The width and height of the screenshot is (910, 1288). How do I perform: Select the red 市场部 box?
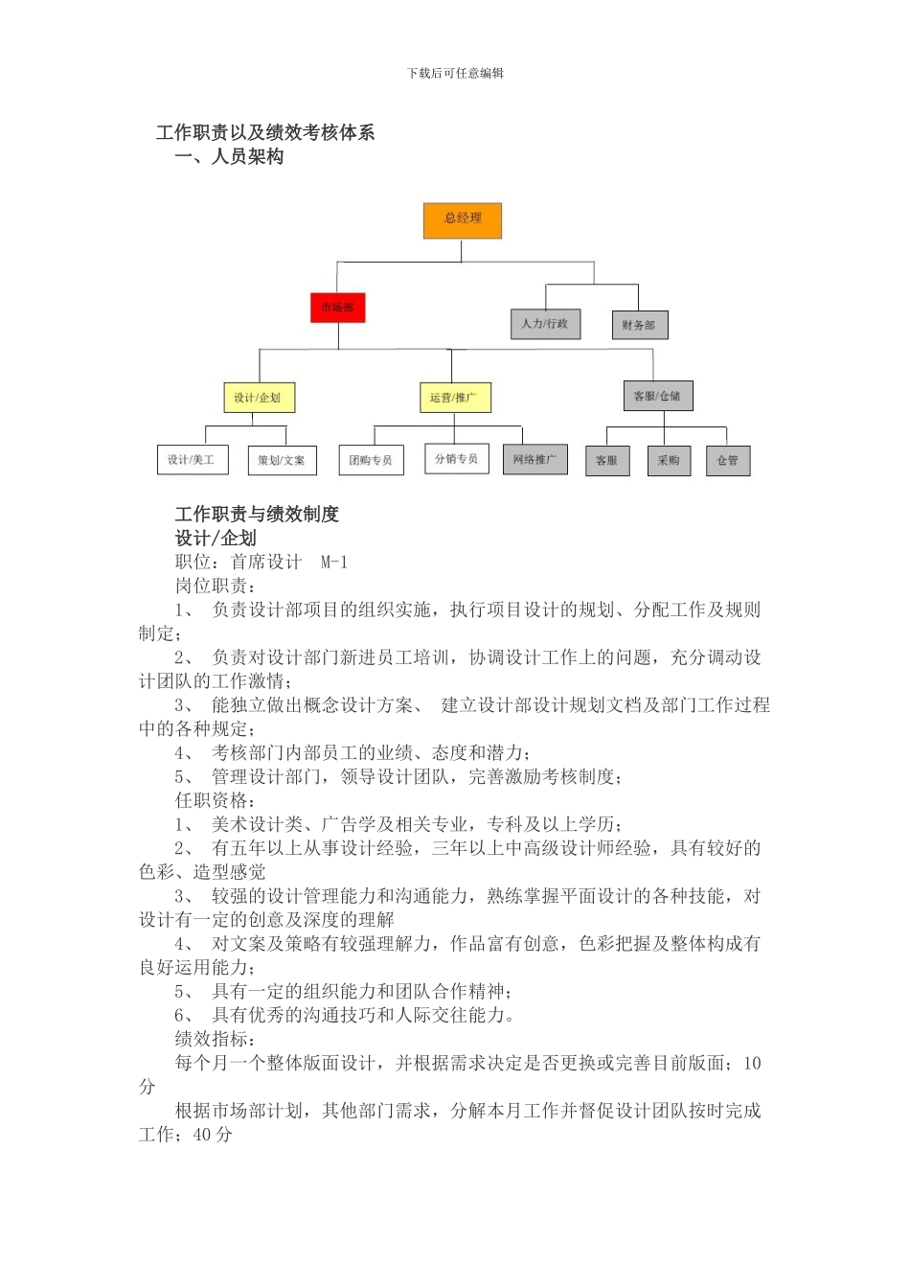click(337, 308)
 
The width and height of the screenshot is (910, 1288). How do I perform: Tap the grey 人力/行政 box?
click(545, 324)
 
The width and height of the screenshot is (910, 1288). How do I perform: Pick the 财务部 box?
click(639, 325)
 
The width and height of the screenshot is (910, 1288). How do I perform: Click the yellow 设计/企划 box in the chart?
click(258, 398)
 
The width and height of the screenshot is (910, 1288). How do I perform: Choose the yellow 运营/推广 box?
click(455, 398)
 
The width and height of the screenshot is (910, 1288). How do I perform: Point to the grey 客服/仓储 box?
click(657, 396)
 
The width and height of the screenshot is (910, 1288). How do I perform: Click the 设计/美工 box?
click(192, 460)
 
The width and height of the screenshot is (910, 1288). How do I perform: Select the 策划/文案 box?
click(282, 461)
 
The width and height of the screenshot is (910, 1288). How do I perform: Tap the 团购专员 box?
click(371, 461)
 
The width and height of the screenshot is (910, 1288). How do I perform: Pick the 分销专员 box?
click(457, 459)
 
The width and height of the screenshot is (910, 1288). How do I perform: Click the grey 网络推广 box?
click(535, 460)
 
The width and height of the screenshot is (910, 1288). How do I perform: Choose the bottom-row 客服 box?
click(607, 461)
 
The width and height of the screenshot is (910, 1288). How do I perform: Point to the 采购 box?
click(669, 461)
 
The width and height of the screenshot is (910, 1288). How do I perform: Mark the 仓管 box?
click(728, 461)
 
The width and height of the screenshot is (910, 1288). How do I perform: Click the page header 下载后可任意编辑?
click(455, 73)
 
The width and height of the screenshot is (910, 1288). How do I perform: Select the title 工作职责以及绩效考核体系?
click(265, 132)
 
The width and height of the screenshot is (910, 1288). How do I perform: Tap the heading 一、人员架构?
click(230, 157)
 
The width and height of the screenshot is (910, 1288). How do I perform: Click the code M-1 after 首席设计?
click(334, 563)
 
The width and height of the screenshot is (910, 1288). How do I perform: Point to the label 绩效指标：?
click(216, 1039)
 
